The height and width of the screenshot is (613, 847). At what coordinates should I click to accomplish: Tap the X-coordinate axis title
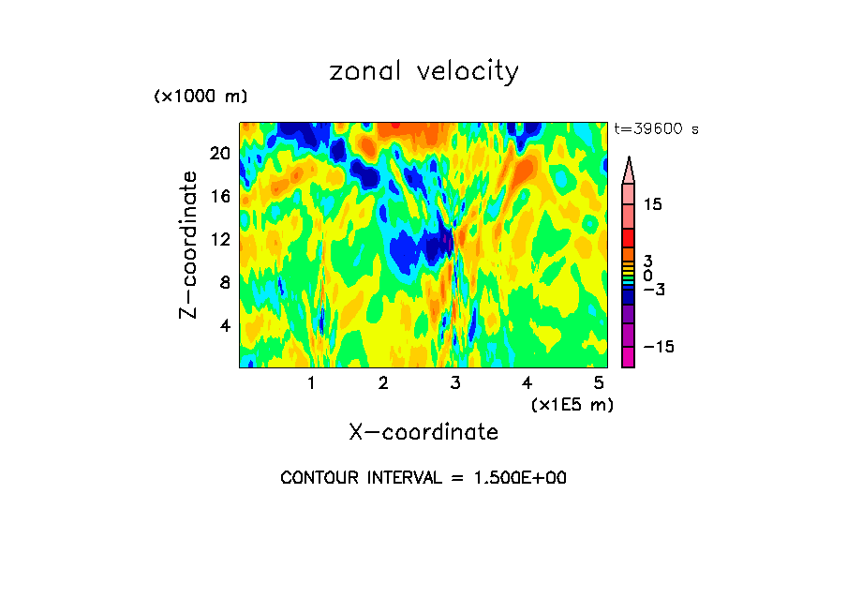[423, 432]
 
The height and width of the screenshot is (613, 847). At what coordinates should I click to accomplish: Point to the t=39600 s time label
[656, 129]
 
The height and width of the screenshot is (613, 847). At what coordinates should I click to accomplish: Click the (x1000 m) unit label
[200, 97]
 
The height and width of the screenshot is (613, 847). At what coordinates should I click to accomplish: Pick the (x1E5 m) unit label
[572, 404]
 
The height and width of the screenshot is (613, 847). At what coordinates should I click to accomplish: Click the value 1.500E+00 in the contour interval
[513, 478]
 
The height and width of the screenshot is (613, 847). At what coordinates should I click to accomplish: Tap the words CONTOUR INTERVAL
[360, 478]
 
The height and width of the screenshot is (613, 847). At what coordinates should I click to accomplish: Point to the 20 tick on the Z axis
[221, 153]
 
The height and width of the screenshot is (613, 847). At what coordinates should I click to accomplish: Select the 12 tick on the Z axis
[221, 239]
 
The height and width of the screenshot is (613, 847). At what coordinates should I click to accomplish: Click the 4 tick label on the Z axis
[225, 325]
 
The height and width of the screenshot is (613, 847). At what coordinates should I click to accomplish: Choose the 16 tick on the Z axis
[221, 196]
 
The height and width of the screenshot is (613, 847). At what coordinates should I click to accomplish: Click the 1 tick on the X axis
[311, 382]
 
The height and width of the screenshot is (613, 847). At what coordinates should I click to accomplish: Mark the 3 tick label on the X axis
[455, 382]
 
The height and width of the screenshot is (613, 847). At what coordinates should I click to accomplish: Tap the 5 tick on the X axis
[599, 382]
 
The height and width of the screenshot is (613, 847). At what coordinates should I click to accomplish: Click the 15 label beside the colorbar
[652, 204]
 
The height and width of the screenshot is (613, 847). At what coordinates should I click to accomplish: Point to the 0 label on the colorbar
[647, 276]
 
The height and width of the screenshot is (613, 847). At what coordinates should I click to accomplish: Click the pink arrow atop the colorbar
[629, 170]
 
